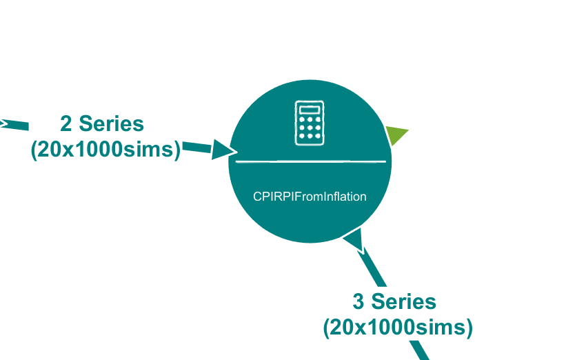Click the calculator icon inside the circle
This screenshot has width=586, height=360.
[310, 123]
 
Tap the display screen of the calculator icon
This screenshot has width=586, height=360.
[310, 110]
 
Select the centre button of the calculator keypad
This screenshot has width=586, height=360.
[310, 128]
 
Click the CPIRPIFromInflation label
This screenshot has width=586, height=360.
[310, 197]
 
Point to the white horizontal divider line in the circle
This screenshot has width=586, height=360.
[310, 161]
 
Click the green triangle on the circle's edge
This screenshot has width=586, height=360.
[395, 134]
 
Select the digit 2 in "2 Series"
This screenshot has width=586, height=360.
[67, 124]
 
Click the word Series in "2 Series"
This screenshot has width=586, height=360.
[111, 124]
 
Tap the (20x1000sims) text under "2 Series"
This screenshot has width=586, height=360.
[105, 149]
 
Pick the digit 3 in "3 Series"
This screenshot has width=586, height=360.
[359, 302]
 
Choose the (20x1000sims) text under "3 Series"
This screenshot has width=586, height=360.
[398, 327]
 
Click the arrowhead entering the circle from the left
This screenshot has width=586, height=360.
[222, 150]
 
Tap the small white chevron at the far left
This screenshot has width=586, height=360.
[3, 124]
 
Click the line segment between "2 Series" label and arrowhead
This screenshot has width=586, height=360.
[196, 147]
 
